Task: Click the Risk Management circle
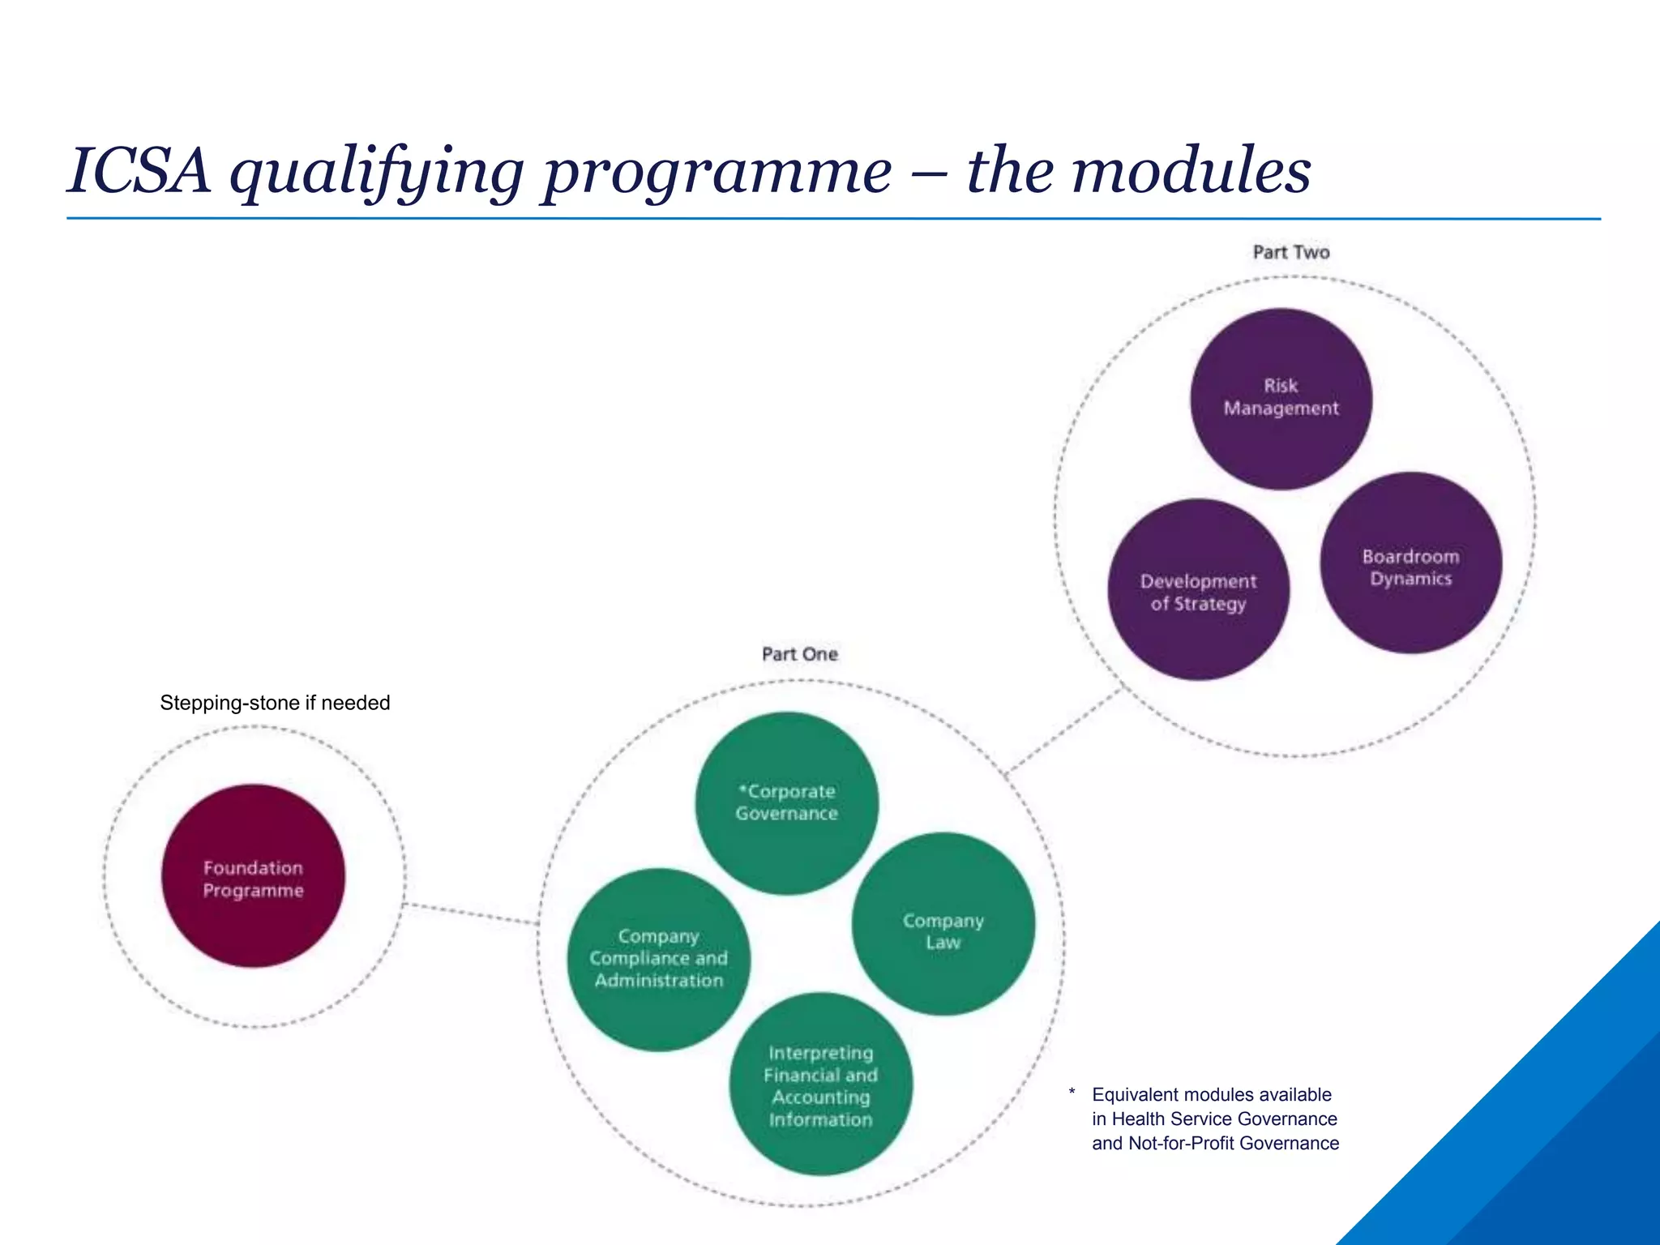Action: pos(1281,399)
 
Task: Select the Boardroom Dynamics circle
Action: pos(1410,563)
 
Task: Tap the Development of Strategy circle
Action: pos(1198,590)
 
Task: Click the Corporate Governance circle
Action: pos(786,802)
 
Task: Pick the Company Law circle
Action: pos(943,924)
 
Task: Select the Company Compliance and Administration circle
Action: pos(658,959)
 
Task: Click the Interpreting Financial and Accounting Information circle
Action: pos(820,1085)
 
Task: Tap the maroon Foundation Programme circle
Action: pos(253,876)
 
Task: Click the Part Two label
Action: pos(1291,252)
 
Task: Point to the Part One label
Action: pos(799,654)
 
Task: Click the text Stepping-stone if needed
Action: pos(275,703)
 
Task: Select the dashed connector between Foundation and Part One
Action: pos(470,913)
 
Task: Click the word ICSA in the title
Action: pos(139,171)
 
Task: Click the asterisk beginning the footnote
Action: pos(1072,1093)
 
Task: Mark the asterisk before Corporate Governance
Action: pos(742,788)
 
